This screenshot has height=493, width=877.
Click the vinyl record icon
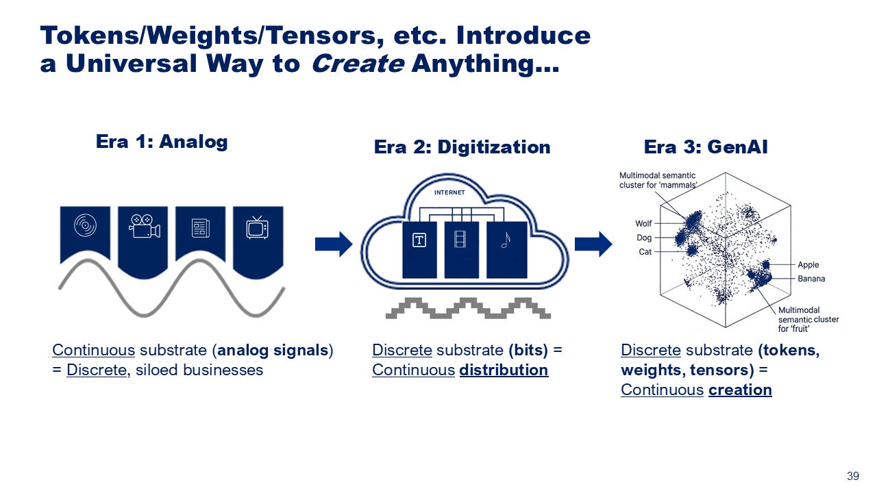click(x=85, y=225)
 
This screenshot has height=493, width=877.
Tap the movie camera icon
click(x=144, y=227)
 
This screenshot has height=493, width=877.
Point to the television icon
click(x=258, y=227)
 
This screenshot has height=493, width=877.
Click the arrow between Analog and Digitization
click(x=333, y=244)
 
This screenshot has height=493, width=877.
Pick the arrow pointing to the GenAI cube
click(x=593, y=244)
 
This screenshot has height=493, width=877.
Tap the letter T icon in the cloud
click(x=419, y=240)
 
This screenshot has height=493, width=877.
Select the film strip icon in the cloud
click(x=460, y=240)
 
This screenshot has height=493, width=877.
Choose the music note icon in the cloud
click(x=506, y=240)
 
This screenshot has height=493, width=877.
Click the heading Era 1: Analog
click(x=161, y=142)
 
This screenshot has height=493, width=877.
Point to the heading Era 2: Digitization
click(x=462, y=147)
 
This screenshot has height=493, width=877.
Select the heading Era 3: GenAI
click(x=706, y=147)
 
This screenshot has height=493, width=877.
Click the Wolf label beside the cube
click(x=643, y=223)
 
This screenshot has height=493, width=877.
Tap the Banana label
click(x=811, y=279)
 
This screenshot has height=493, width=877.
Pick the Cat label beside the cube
click(x=645, y=251)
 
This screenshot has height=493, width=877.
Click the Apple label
click(x=808, y=265)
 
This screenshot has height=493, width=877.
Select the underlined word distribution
click(x=504, y=370)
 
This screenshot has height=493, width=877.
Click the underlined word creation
click(x=740, y=390)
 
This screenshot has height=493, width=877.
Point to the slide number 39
click(x=853, y=477)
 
